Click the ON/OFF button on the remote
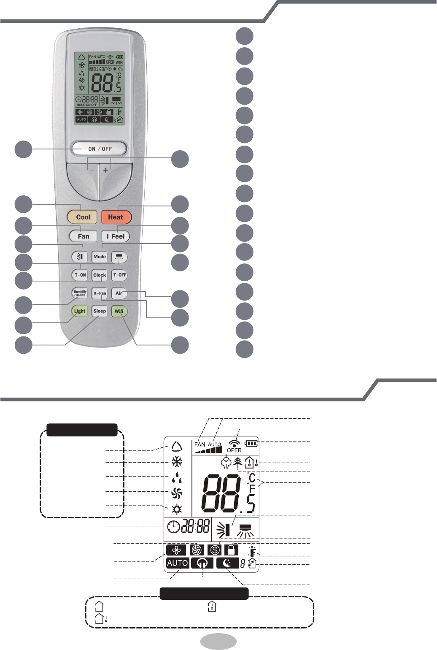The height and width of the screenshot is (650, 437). pyautogui.click(x=100, y=149)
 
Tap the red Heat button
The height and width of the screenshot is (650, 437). pyautogui.click(x=116, y=217)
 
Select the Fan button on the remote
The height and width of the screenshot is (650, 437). pyautogui.click(x=83, y=236)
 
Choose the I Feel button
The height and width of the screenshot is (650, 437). pyautogui.click(x=116, y=236)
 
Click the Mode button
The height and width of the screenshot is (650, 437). pyautogui.click(x=100, y=257)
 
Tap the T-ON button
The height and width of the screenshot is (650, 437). pyautogui.click(x=80, y=275)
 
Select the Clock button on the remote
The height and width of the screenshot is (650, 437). pyautogui.click(x=100, y=275)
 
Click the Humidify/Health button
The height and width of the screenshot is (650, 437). pyautogui.click(x=80, y=293)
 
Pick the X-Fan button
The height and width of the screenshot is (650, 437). pyautogui.click(x=100, y=293)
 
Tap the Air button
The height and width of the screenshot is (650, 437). pyautogui.click(x=119, y=293)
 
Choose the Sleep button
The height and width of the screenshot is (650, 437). pyautogui.click(x=100, y=311)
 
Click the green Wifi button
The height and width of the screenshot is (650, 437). pyautogui.click(x=119, y=311)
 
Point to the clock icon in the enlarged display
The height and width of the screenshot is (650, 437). pyautogui.click(x=173, y=527)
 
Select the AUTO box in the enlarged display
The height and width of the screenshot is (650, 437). pyautogui.click(x=178, y=563)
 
